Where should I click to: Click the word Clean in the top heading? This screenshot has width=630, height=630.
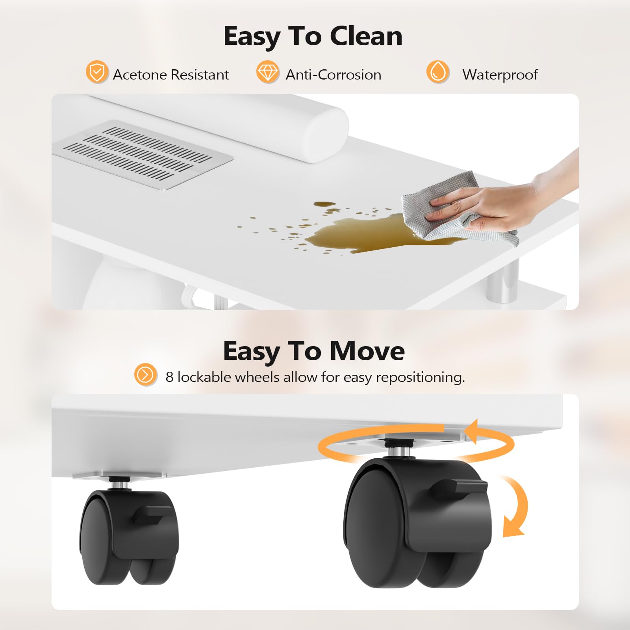click(x=366, y=36)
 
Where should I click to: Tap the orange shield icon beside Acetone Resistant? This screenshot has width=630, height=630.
click(x=97, y=72)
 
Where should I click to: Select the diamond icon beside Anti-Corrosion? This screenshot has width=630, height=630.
click(x=268, y=72)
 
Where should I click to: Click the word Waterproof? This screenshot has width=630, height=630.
click(x=500, y=75)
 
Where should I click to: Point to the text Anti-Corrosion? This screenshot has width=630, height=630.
click(x=333, y=75)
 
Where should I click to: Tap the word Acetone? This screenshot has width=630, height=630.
click(x=140, y=75)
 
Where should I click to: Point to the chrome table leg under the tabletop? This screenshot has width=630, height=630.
click(x=502, y=282)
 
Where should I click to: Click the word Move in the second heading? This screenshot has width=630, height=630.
click(x=367, y=351)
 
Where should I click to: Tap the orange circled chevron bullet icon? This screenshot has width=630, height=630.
click(x=145, y=374)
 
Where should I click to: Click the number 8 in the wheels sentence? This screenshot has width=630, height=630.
click(x=169, y=377)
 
